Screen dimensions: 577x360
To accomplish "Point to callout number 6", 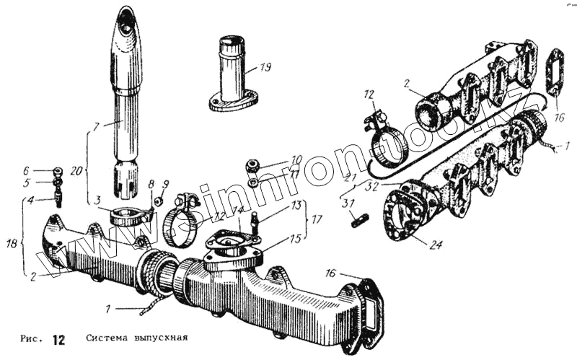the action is click(x=45, y=171).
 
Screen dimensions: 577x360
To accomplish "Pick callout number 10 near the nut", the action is click(x=296, y=159).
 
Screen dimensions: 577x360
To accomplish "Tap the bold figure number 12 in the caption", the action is click(x=59, y=339).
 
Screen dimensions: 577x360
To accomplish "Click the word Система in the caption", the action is click(x=109, y=338).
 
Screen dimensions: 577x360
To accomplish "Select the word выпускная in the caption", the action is click(x=164, y=338).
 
